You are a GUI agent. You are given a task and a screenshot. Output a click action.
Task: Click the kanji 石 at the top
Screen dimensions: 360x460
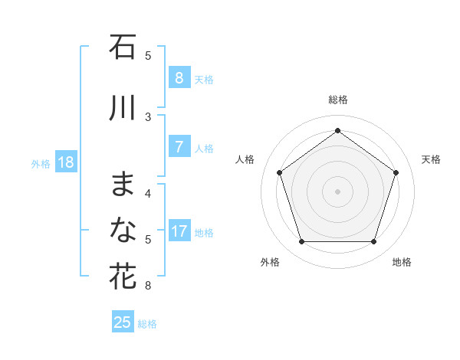(123, 47)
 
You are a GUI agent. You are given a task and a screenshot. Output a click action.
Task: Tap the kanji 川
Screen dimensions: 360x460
(123, 108)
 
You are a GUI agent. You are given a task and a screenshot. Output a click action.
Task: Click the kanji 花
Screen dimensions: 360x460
(123, 276)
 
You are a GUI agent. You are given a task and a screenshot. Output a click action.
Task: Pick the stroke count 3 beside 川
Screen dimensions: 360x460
(148, 116)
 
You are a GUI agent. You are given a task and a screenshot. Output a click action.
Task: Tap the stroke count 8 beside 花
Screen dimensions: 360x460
(148, 286)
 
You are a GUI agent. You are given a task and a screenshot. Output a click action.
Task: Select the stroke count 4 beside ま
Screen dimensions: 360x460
(148, 193)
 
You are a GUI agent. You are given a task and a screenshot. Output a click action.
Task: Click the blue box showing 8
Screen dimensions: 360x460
(179, 78)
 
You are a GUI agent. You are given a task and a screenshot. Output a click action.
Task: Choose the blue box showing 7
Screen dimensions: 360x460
(179, 147)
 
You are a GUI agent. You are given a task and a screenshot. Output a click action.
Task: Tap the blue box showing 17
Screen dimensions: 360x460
(179, 231)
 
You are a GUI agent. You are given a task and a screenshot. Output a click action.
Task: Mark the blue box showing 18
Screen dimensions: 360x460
(65, 162)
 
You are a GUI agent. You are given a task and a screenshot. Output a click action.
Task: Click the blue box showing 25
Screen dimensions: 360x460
(123, 322)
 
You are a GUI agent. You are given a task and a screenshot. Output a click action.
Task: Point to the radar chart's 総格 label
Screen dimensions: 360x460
(337, 100)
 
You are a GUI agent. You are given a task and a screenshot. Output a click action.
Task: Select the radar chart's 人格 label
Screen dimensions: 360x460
(245, 159)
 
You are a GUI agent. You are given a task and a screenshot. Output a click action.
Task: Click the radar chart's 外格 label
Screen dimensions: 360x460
(270, 262)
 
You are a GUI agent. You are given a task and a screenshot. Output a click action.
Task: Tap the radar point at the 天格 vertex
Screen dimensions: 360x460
(396, 172)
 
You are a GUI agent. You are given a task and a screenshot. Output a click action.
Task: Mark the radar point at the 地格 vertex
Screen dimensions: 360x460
(373, 241)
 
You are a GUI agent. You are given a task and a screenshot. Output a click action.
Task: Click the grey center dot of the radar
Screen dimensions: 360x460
(337, 191)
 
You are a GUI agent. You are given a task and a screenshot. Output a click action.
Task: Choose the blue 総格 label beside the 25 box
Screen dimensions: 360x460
(147, 324)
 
